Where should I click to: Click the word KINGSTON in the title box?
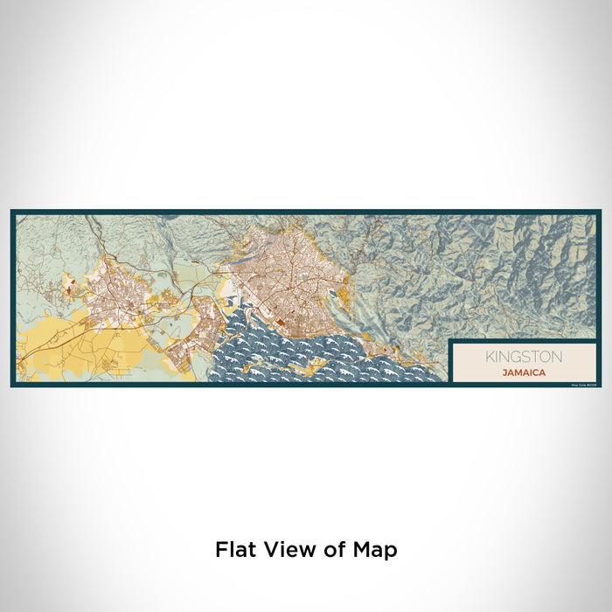(525, 357)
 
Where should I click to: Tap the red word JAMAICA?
(525, 372)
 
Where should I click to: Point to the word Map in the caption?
(377, 550)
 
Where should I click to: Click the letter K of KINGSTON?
(490, 357)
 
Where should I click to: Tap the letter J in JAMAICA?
(504, 372)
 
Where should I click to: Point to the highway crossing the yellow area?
(52, 341)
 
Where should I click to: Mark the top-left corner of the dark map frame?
(12, 211)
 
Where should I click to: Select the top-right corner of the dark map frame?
(600, 211)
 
